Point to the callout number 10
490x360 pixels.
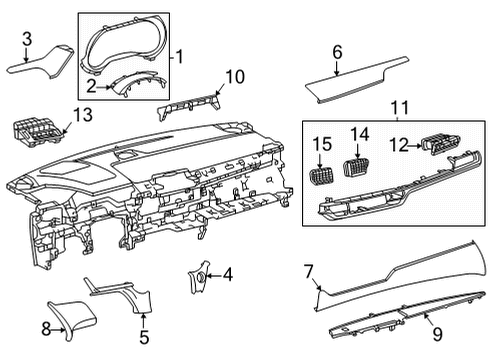point(234,76)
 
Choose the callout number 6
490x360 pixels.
point(337,51)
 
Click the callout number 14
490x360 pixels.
point(360,134)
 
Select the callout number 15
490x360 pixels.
point(322,146)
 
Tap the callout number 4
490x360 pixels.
point(227,273)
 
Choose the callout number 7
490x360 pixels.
point(309,269)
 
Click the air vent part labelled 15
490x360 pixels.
point(322,174)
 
